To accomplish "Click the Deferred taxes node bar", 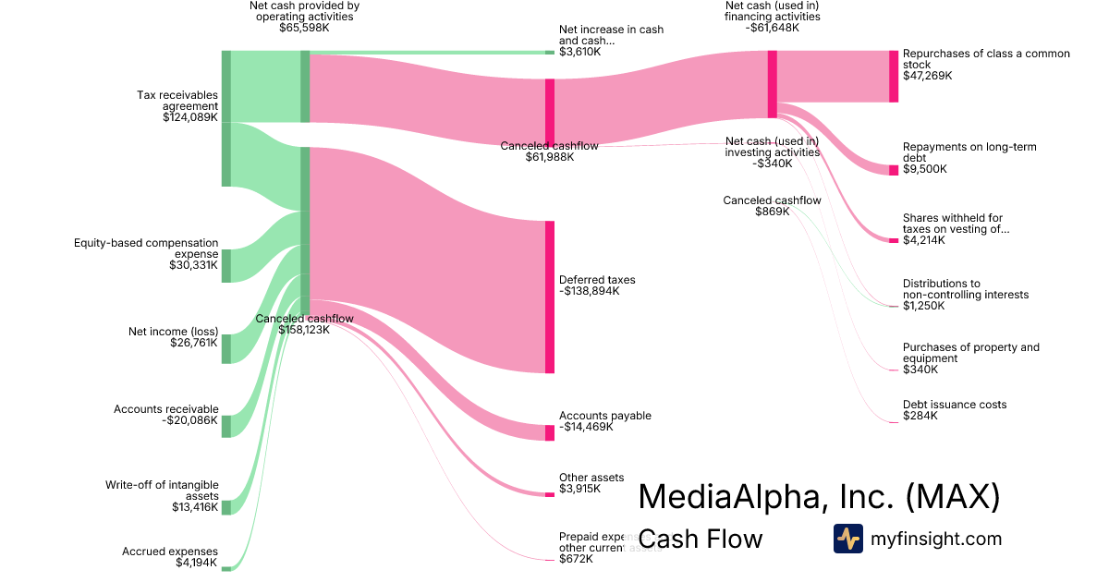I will (550, 297).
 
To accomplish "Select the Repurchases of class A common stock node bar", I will (894, 76).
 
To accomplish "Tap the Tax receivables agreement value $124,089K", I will (189, 117).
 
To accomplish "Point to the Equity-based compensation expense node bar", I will (225, 265).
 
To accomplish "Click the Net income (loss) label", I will (173, 331).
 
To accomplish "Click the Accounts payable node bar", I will (550, 432).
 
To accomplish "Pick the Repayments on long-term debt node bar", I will (894, 170).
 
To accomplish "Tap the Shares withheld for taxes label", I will (952, 224).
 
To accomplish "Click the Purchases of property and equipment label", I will (970, 353).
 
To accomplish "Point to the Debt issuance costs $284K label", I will (954, 410).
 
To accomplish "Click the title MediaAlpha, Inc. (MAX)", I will (819, 496).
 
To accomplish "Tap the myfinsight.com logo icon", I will (847, 539).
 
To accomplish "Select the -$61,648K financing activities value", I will (772, 28).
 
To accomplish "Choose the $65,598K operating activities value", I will (304, 28).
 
